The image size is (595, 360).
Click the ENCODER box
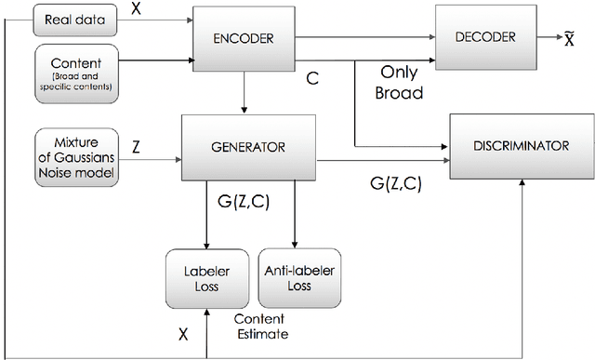(x=244, y=40)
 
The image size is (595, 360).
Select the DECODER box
(x=483, y=37)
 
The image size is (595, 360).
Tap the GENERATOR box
(x=244, y=146)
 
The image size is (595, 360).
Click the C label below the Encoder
(x=314, y=80)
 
